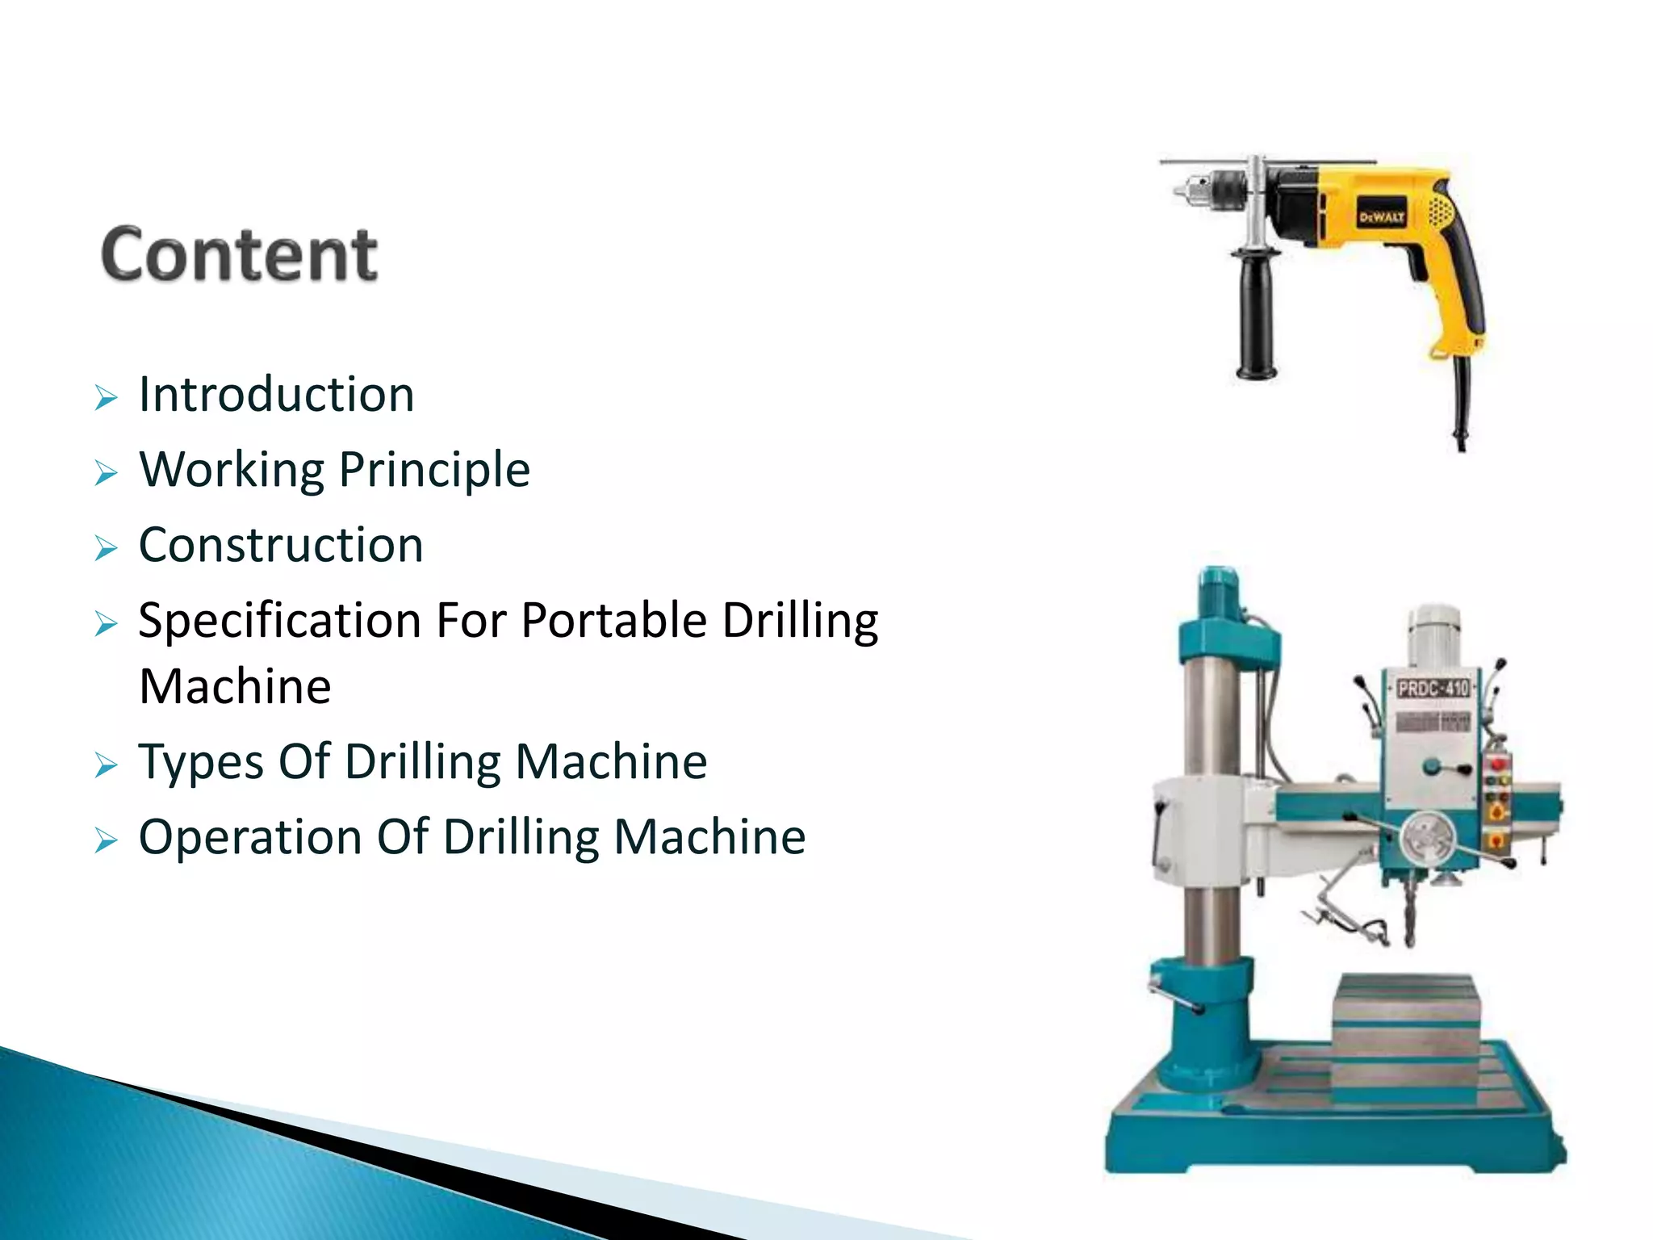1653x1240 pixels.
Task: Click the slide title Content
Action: click(239, 254)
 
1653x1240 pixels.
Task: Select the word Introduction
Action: click(276, 395)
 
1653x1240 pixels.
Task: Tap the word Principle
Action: click(434, 470)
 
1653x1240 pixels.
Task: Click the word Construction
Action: click(281, 545)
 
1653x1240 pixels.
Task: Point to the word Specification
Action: click(279, 622)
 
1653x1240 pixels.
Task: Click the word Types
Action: click(200, 762)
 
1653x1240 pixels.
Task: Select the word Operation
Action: click(249, 837)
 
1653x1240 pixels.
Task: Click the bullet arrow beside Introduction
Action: click(106, 397)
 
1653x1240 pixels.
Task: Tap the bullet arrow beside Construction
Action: click(106, 548)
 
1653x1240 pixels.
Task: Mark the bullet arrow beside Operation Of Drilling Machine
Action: click(106, 840)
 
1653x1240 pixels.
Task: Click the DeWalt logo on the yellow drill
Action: click(1381, 217)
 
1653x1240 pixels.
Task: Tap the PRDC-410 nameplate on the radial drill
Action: click(1433, 689)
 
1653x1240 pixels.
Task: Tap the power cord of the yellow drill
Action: click(1462, 404)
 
